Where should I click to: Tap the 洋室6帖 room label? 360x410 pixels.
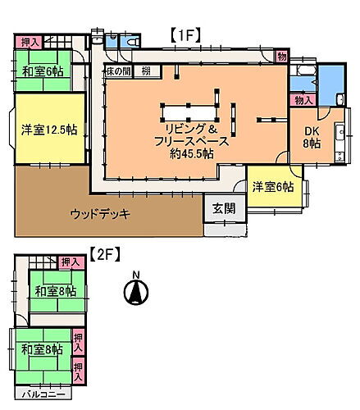(272, 186)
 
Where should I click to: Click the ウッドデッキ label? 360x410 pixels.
(100, 214)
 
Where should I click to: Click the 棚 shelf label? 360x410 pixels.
(144, 72)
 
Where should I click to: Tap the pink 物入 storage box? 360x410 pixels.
(303, 100)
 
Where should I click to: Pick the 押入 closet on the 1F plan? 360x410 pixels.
(30, 42)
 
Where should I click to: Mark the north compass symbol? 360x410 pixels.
(136, 293)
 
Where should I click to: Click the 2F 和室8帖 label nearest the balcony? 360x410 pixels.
(42, 349)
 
